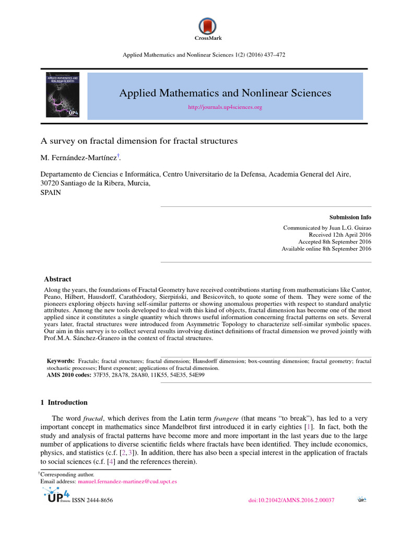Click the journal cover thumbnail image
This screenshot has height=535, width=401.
pyautogui.click(x=64, y=94)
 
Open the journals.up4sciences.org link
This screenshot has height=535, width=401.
pyautogui.click(x=225, y=107)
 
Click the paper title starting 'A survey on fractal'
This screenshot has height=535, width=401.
pyautogui.click(x=139, y=141)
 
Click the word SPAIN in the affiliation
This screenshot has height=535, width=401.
pyautogui.click(x=51, y=192)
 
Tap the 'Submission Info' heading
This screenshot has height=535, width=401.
pyautogui.click(x=350, y=217)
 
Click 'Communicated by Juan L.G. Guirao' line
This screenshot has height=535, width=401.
pyautogui.click(x=327, y=228)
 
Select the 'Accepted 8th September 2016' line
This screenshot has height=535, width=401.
pyautogui.click(x=335, y=242)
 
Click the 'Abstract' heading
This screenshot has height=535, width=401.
pyautogui.click(x=57, y=279)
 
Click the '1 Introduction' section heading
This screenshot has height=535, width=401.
pyautogui.click(x=64, y=403)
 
